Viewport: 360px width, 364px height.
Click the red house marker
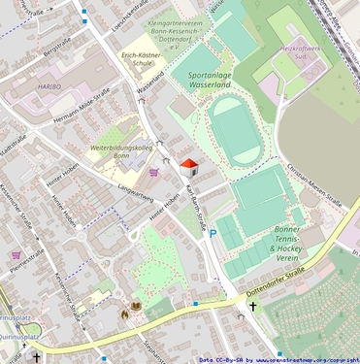189,166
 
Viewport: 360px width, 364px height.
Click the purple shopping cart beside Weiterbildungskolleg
154,172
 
